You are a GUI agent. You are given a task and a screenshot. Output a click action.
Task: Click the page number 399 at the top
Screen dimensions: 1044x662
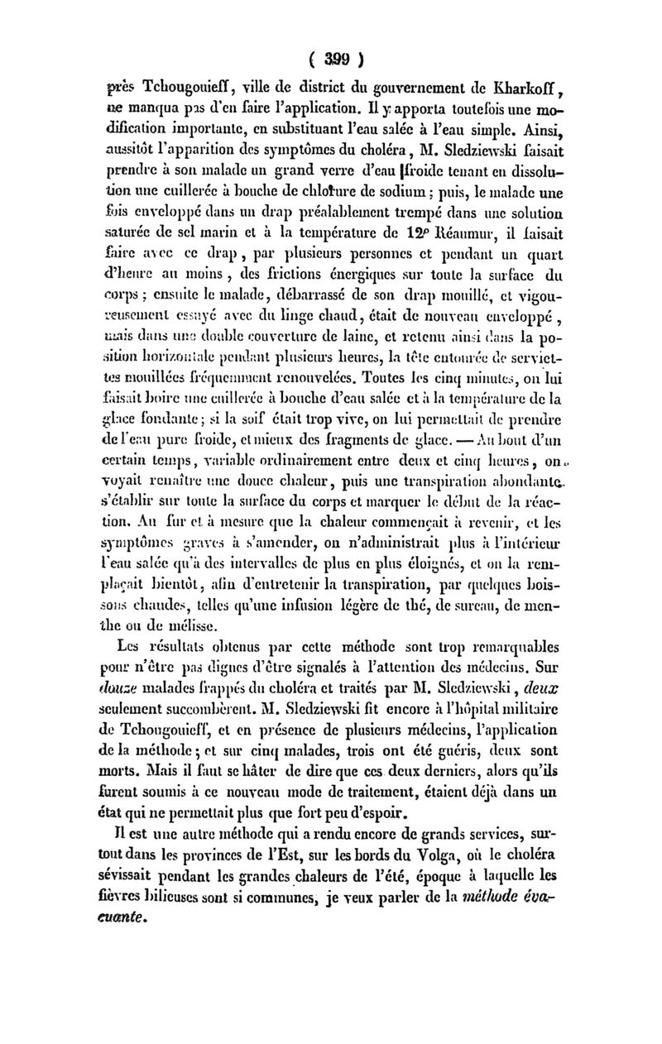(331, 60)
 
